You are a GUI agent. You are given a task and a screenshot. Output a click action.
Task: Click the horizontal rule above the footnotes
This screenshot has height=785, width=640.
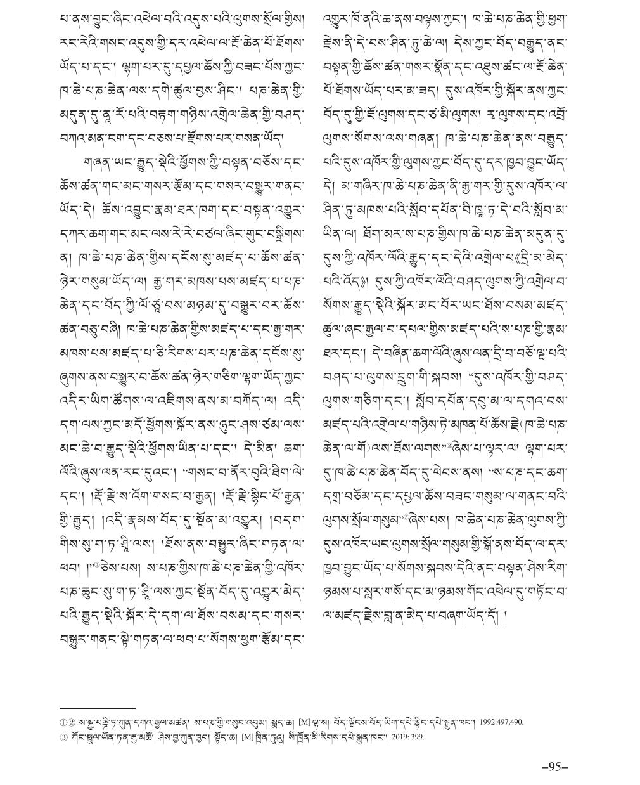pyautogui.click(x=97, y=708)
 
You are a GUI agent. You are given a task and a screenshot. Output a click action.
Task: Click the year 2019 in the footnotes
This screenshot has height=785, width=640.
pyautogui.click(x=396, y=736)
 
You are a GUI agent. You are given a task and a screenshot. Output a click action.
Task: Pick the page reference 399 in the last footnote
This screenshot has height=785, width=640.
pyautogui.click(x=416, y=736)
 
